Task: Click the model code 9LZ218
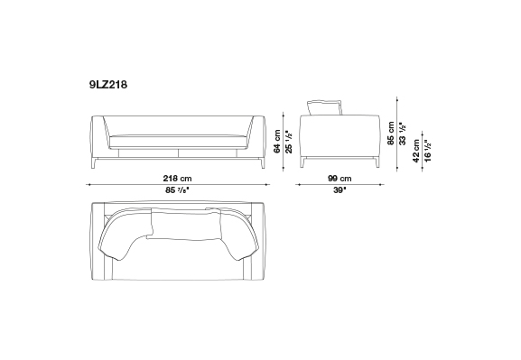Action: tap(108, 85)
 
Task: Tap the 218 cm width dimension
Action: tap(177, 179)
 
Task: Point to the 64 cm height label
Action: tap(277, 141)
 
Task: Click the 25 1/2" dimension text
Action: tap(289, 142)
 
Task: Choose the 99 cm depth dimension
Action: tap(340, 179)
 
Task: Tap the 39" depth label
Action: tap(340, 190)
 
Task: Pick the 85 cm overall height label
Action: tap(391, 134)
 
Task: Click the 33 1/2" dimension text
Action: tap(403, 134)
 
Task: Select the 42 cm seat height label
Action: tap(416, 151)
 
